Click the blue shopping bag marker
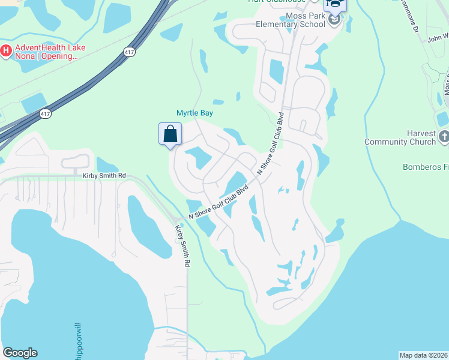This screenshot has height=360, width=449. [170, 134]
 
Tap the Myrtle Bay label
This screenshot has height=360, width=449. [194, 113]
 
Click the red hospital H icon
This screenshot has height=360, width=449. [6, 50]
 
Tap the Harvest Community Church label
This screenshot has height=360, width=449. [400, 137]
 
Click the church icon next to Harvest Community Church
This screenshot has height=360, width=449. [443, 137]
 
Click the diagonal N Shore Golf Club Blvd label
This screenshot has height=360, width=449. [219, 202]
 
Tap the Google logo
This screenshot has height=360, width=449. [20, 353]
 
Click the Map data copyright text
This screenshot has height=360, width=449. [423, 355]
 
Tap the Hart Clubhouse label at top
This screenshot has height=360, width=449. [276, 1]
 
